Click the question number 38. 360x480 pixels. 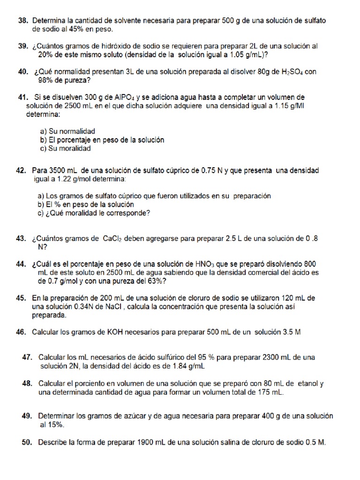pyautogui.click(x=23, y=21)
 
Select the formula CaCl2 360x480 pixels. pyautogui.click(x=112, y=238)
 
